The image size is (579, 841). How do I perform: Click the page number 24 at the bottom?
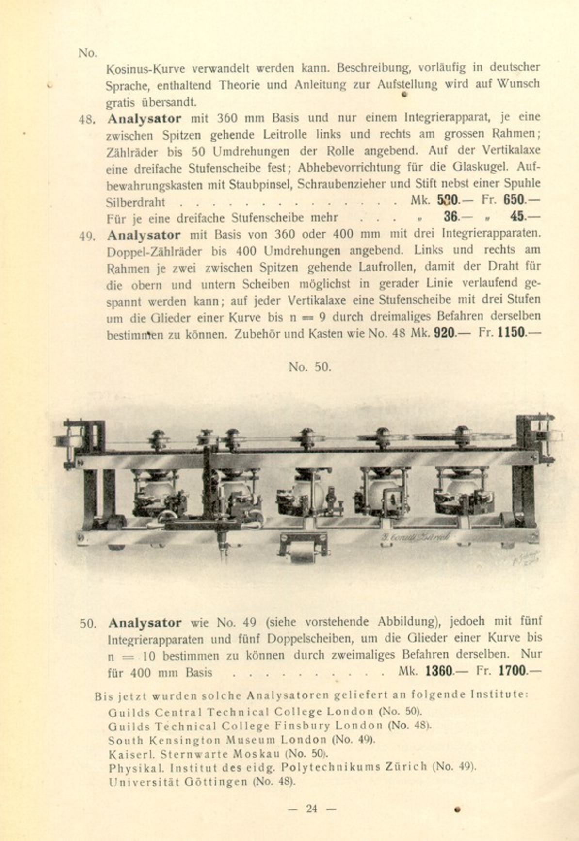[311, 809]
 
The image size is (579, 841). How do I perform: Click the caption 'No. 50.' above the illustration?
[310, 367]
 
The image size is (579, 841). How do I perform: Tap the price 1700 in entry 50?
[512, 671]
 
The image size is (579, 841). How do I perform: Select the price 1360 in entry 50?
[439, 671]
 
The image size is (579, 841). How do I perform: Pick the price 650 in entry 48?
[515, 200]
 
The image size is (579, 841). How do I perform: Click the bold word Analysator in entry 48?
[145, 118]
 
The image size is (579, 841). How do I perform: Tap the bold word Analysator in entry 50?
[145, 623]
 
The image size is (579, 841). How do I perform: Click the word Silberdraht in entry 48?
[135, 202]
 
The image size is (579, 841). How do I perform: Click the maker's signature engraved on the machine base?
[416, 536]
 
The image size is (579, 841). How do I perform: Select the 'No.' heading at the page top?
[88, 52]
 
